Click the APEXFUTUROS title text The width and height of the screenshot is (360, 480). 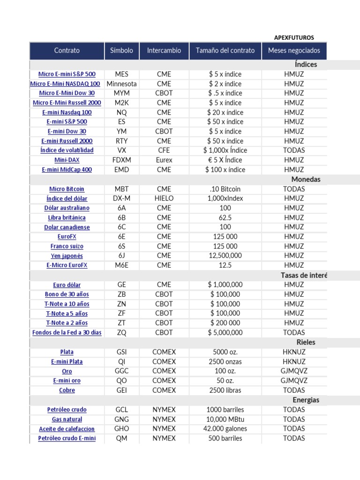click(x=294, y=37)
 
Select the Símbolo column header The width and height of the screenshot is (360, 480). click(x=121, y=51)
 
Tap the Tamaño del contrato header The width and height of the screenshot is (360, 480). click(x=225, y=51)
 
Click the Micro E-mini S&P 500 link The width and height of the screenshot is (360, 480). click(x=67, y=74)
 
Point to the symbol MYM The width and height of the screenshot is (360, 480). click(x=121, y=93)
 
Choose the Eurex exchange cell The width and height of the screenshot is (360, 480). click(x=164, y=160)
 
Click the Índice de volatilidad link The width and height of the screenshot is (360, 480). click(x=67, y=150)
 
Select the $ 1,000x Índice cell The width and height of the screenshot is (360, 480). click(x=225, y=150)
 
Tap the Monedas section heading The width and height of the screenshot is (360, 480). click(x=306, y=180)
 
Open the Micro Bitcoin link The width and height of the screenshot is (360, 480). click(x=67, y=189)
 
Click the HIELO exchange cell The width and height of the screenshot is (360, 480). click(x=164, y=198)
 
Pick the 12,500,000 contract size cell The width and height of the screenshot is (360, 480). click(x=225, y=255)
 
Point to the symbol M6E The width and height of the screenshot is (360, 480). click(x=121, y=265)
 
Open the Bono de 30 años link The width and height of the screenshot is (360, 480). click(x=67, y=294)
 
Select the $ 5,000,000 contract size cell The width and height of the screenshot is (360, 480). click(x=225, y=332)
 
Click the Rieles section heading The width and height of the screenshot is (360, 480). click(x=306, y=342)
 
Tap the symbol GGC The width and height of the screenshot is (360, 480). click(x=121, y=371)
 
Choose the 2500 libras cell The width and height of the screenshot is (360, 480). click(x=225, y=390)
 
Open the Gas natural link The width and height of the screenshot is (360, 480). click(x=67, y=419)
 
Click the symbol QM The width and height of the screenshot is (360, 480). click(x=121, y=438)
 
